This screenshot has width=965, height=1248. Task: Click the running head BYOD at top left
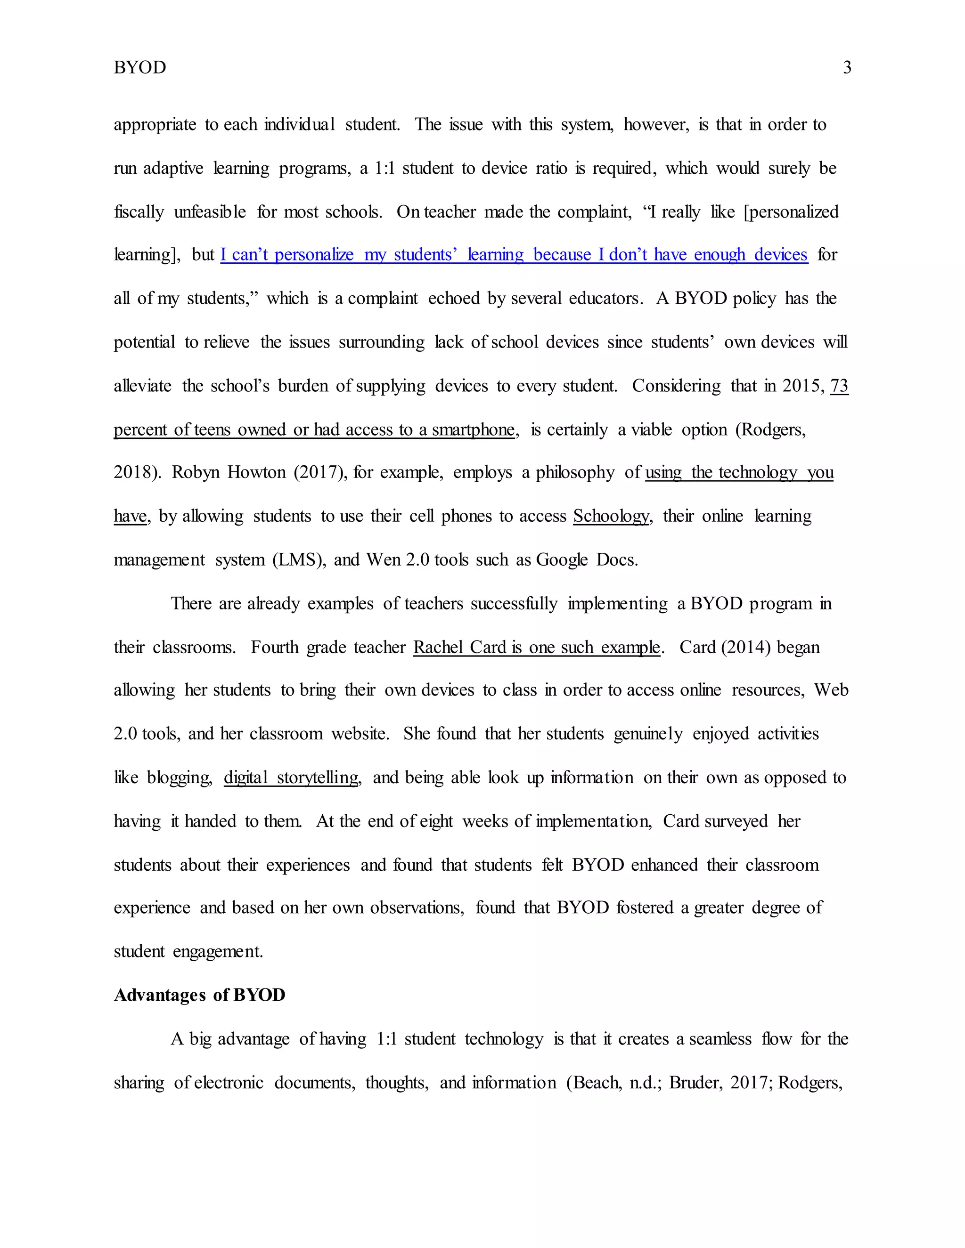(x=139, y=67)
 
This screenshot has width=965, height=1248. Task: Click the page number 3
(x=847, y=67)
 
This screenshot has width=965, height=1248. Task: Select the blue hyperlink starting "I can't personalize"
(x=514, y=254)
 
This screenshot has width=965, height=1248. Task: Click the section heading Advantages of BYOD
(x=199, y=995)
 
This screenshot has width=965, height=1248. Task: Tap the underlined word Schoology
(x=611, y=516)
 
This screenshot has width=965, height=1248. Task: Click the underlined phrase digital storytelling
(x=291, y=778)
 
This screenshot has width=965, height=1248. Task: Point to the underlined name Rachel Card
(x=460, y=647)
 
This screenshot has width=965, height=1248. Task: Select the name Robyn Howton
(x=229, y=472)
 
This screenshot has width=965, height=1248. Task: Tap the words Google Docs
(x=586, y=559)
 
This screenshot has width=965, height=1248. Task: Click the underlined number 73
(x=839, y=386)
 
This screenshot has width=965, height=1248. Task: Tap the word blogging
(x=179, y=778)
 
